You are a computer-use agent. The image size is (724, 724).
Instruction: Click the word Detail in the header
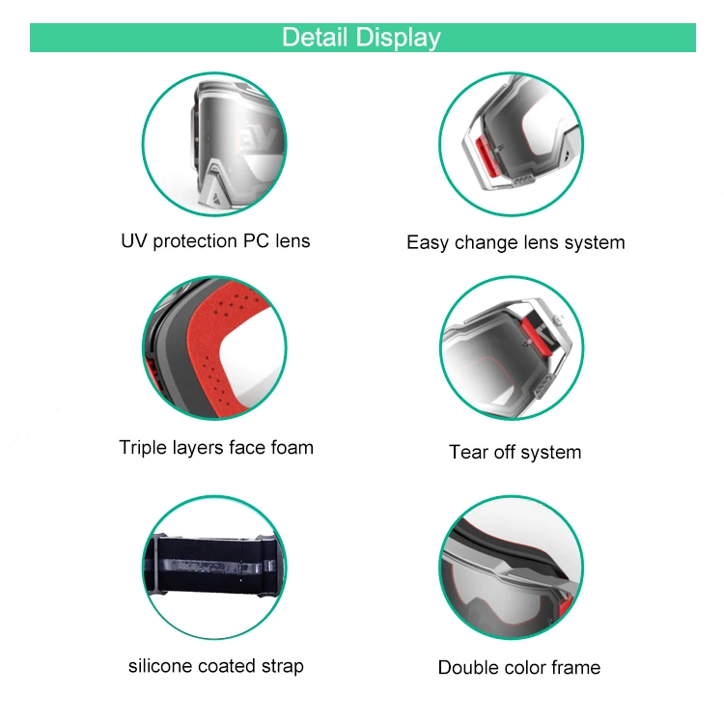tap(315, 38)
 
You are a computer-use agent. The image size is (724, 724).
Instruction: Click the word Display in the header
tap(398, 38)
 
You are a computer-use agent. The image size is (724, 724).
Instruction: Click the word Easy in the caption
tap(428, 242)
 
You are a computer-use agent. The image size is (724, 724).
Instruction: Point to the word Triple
tap(144, 447)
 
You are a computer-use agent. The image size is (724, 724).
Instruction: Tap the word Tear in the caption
tap(468, 452)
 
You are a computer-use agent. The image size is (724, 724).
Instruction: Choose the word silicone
tap(160, 666)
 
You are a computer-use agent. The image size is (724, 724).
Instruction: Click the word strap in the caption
tap(282, 666)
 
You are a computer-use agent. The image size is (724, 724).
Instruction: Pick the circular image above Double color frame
tap(512, 570)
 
